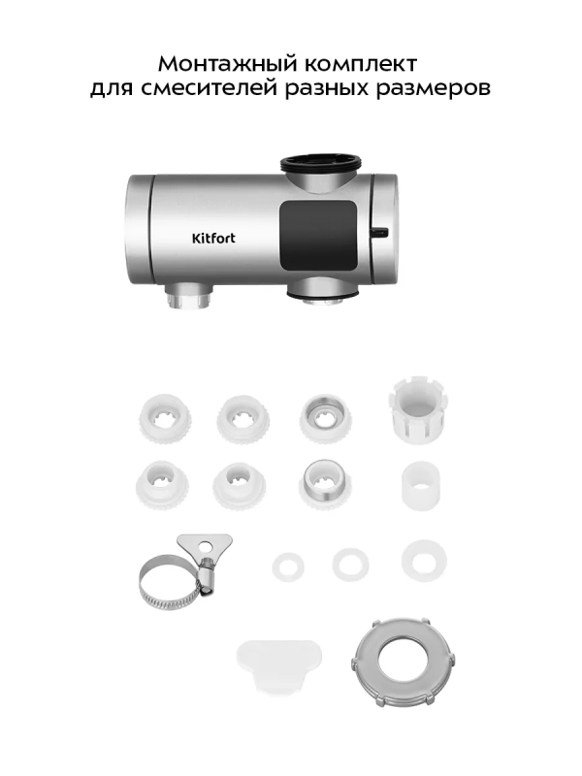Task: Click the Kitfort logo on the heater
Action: point(213,238)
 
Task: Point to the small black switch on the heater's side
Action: point(380,232)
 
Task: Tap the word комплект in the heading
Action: point(360,64)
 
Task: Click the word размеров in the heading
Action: point(433,89)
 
